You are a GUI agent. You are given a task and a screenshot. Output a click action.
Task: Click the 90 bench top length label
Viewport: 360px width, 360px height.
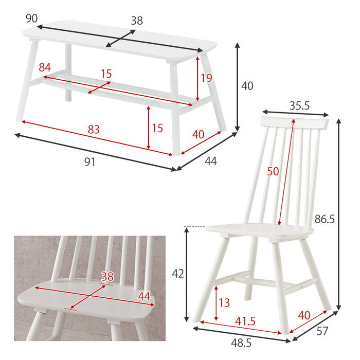click(x=31, y=19)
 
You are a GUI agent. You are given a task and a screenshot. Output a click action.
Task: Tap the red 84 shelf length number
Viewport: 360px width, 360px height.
click(x=45, y=67)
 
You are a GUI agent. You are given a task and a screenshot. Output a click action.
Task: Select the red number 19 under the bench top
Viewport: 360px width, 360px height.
click(x=206, y=78)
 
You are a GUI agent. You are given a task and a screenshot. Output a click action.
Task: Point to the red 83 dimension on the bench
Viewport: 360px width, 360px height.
click(x=94, y=130)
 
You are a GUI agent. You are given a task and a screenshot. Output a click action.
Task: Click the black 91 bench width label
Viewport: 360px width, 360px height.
click(x=90, y=163)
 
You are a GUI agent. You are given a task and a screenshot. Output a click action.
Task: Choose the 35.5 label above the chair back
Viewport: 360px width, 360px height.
click(x=300, y=106)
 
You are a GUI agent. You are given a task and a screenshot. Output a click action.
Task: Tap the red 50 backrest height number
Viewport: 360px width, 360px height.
click(x=273, y=171)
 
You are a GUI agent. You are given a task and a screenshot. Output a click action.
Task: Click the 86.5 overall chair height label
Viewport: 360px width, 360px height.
click(x=325, y=219)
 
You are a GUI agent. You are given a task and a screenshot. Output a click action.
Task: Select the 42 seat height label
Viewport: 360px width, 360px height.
click(x=178, y=274)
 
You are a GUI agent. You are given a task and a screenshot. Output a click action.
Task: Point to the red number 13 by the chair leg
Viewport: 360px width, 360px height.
click(x=224, y=302)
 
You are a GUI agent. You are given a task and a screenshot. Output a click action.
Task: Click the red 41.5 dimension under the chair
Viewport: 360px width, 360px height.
click(x=245, y=321)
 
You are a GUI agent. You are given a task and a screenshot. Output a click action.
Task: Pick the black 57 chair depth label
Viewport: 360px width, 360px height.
click(x=322, y=331)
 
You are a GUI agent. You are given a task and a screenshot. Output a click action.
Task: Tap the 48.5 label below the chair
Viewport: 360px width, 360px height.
click(x=241, y=343)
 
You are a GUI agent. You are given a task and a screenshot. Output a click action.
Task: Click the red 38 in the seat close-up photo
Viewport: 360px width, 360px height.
click(x=107, y=277)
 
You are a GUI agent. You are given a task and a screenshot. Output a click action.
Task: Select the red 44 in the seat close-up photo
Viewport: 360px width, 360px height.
click(x=144, y=296)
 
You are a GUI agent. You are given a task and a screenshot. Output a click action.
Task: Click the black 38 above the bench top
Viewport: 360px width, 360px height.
click(x=137, y=21)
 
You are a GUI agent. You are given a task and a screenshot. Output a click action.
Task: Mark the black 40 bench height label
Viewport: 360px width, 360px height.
click(x=247, y=86)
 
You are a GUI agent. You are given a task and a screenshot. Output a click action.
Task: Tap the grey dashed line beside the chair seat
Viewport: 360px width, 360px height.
click(x=194, y=227)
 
